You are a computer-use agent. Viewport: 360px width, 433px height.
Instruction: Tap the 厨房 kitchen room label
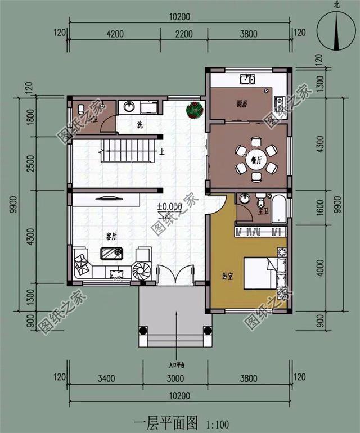tap(243, 103)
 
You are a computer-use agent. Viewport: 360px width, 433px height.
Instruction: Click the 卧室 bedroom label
tap(228, 276)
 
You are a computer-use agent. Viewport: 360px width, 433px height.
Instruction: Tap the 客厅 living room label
tap(111, 237)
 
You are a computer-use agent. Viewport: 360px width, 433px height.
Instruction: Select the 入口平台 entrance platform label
tap(177, 365)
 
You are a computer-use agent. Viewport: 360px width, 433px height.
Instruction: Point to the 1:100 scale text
tap(217, 422)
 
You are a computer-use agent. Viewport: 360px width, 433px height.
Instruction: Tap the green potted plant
tap(195, 109)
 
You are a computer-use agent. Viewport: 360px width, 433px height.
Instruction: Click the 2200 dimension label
tap(184, 34)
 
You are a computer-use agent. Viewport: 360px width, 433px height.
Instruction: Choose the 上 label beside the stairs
tap(162, 151)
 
